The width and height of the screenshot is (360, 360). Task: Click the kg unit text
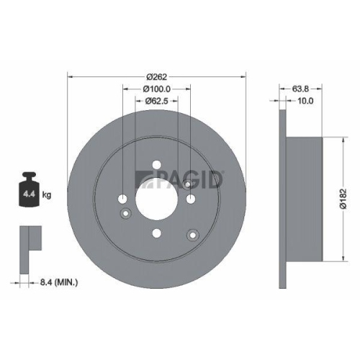(46, 195)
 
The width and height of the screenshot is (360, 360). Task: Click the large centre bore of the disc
(156, 199)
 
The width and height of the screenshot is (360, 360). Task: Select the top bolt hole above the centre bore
(156, 165)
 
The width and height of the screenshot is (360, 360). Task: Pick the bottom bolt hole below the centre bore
(156, 233)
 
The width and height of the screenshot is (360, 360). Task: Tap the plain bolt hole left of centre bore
(122, 199)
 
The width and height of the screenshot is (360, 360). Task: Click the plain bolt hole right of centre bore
(190, 199)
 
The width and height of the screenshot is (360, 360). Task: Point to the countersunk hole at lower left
(125, 213)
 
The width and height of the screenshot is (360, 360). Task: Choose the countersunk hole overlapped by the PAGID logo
(188, 184)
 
